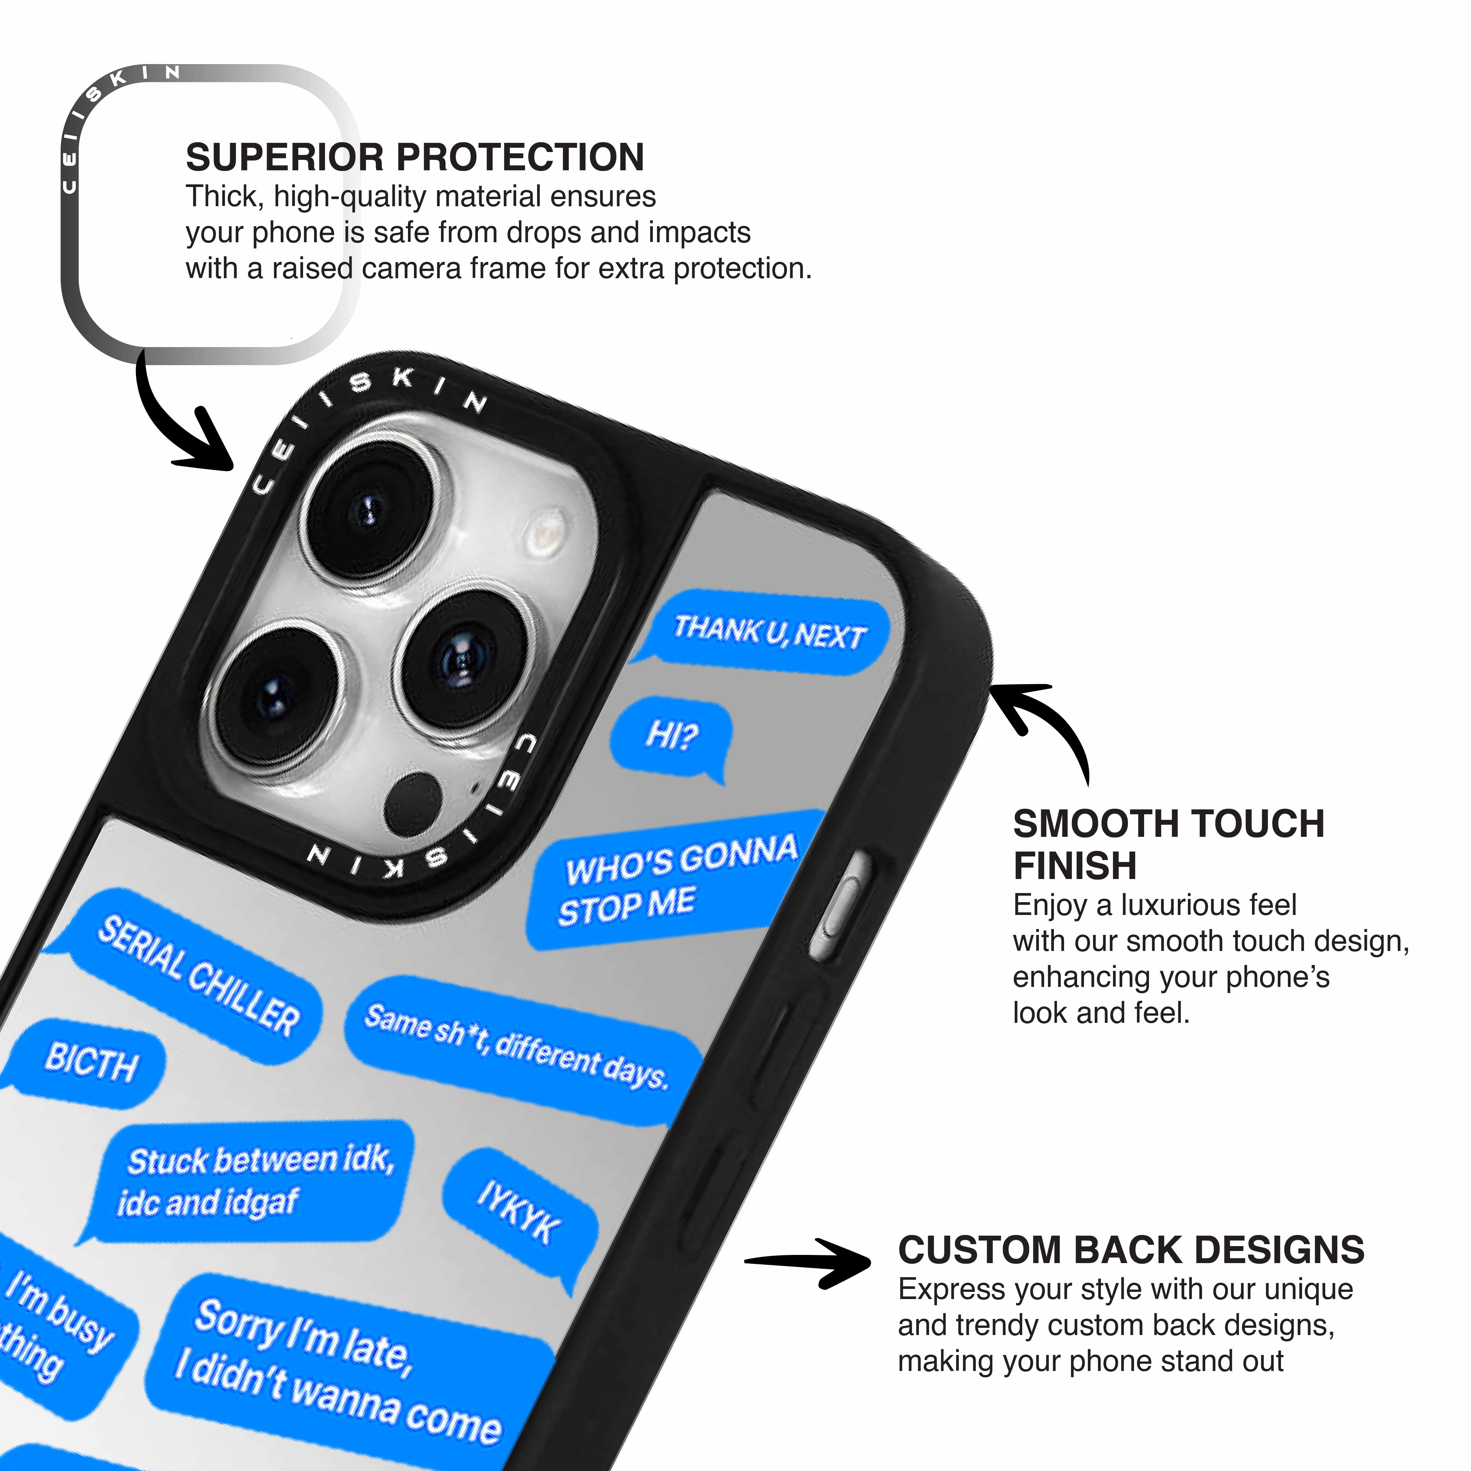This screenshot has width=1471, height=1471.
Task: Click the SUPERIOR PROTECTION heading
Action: (x=415, y=158)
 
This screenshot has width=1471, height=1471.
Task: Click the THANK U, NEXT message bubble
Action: (x=769, y=632)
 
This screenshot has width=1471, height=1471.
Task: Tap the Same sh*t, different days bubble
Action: (x=518, y=1048)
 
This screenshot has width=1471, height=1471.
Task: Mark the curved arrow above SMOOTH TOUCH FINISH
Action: (x=1043, y=723)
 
